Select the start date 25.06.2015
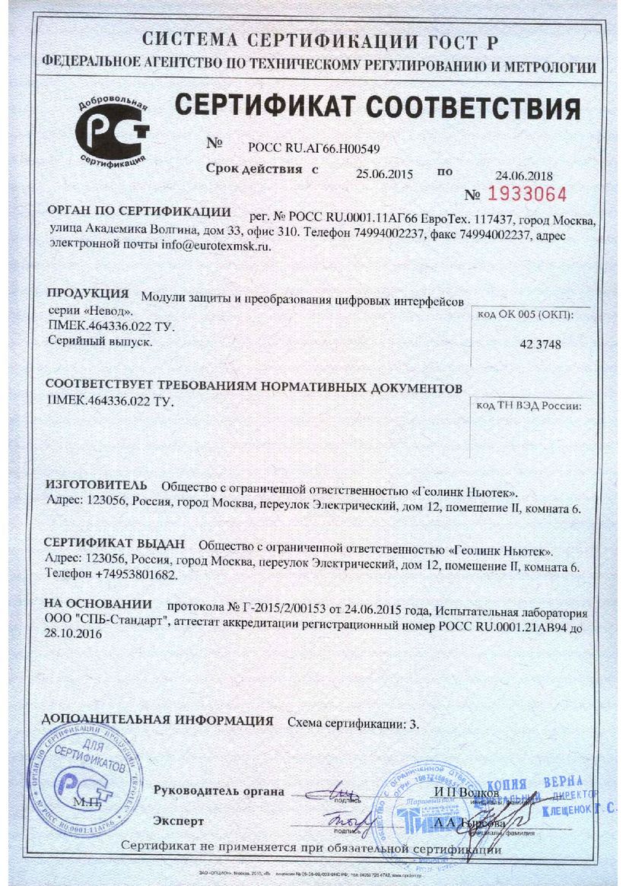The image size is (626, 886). (x=383, y=173)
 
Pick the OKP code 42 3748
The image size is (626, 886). (x=540, y=345)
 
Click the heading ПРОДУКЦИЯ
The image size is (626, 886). (x=87, y=294)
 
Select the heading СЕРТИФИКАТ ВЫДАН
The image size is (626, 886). (x=115, y=544)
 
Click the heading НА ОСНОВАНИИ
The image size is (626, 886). (x=98, y=604)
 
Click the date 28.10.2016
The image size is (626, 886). (x=75, y=633)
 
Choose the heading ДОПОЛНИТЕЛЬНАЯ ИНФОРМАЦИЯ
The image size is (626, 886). (x=157, y=719)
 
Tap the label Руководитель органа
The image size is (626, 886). (x=218, y=791)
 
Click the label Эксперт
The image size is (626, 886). (x=179, y=821)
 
